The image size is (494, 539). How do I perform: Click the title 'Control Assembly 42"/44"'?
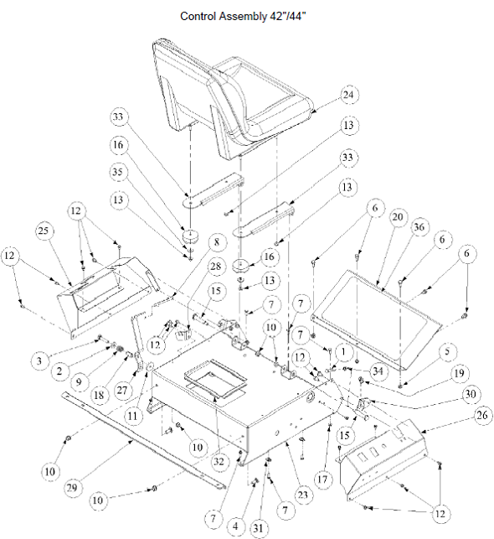point(243,16)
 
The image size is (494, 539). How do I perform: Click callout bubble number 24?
point(348,95)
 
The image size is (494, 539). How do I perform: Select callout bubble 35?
point(118,172)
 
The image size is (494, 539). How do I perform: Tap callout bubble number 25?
point(44,231)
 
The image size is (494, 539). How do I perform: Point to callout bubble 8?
point(216,242)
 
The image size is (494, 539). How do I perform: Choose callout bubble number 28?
point(215,267)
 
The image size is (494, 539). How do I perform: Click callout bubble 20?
point(397,217)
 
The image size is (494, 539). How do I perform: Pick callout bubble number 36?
point(419,227)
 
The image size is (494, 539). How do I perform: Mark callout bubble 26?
point(482,415)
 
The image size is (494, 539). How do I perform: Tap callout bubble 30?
point(470,394)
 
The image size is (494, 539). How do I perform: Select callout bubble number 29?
point(72,487)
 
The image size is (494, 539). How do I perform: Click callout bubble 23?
point(303,495)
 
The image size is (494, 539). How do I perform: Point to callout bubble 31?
point(258,528)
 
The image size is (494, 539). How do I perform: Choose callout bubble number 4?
point(235,526)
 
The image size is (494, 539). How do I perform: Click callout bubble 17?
point(322,479)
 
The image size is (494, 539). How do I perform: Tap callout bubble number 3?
point(39,361)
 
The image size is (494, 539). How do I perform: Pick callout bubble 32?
point(219,461)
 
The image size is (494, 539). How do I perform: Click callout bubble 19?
point(459,373)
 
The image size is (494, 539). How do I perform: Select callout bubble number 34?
point(378,371)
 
